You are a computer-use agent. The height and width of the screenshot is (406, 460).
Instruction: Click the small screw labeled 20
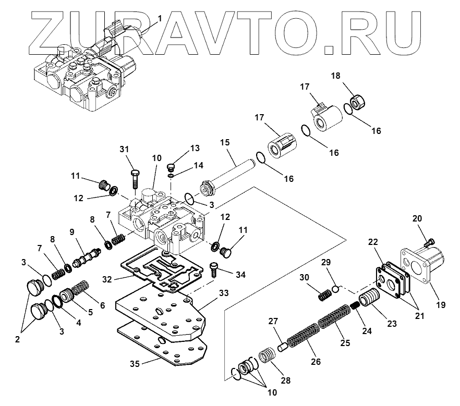429,241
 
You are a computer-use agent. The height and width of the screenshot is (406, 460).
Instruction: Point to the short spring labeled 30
324,295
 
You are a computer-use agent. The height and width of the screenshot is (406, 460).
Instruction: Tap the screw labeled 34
215,268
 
